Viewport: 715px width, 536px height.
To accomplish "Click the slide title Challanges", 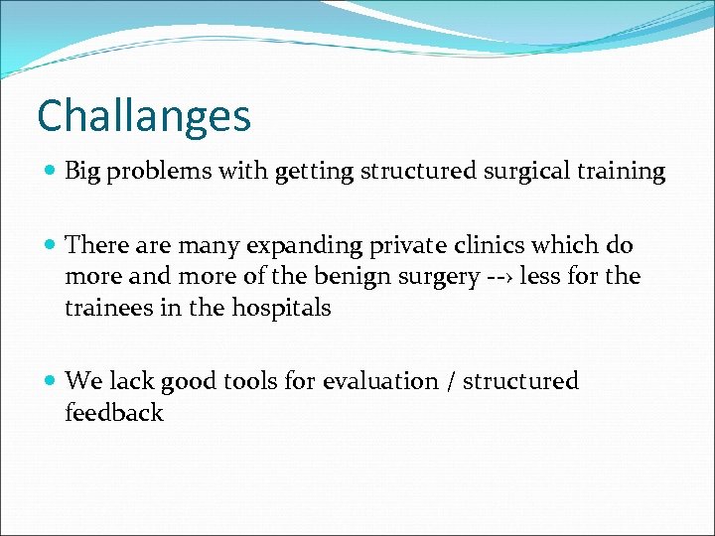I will coord(144,116).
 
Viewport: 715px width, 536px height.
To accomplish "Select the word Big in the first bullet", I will coord(83,172).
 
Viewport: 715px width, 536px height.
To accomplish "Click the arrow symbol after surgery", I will coord(494,277).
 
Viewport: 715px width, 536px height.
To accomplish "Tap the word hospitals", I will coord(283,308).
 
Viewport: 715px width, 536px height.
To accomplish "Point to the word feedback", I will coord(113,413).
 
